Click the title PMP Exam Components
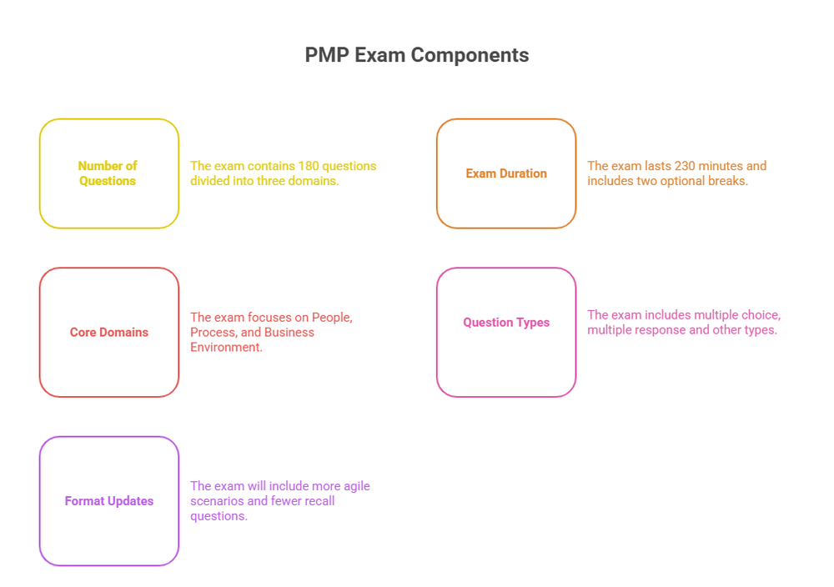tap(416, 55)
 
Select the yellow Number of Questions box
tap(108, 173)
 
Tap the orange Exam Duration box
tap(506, 173)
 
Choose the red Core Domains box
tap(108, 332)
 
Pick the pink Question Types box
tap(506, 323)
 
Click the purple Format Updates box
tap(108, 501)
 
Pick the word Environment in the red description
tap(225, 347)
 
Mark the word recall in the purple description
tap(318, 501)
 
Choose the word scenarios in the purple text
tap(217, 501)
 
